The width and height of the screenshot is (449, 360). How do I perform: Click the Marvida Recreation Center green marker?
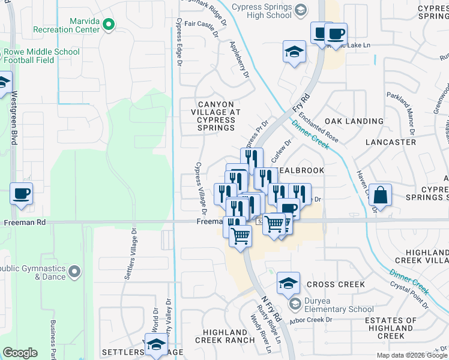(x=109, y=25)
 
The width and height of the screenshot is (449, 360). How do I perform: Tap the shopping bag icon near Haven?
(x=381, y=195)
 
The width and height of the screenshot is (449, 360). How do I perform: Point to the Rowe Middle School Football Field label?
(x=41, y=56)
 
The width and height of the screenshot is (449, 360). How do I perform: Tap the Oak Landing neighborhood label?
(x=354, y=121)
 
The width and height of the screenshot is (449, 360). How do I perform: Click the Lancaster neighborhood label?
(x=391, y=142)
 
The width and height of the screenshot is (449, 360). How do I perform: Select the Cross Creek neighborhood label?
(x=336, y=284)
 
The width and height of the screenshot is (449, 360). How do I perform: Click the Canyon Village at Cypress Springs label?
(x=216, y=116)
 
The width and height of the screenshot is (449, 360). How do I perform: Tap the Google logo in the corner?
(x=20, y=353)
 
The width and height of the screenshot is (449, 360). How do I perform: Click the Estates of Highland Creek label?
(x=391, y=328)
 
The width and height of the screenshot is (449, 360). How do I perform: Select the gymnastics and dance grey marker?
(x=74, y=272)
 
